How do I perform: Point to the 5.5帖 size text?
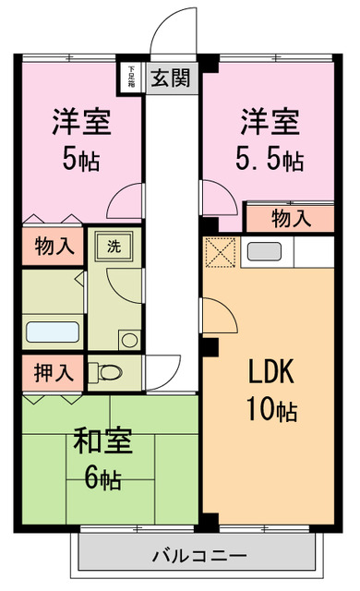(x=268, y=160)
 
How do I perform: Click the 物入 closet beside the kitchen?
(x=290, y=219)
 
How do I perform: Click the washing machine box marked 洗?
(x=113, y=247)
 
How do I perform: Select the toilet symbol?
(x=107, y=373)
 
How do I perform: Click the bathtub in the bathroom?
(x=52, y=332)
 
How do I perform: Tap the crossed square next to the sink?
(x=222, y=252)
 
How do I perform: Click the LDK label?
(x=271, y=371)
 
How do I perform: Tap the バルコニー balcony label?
(x=198, y=557)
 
